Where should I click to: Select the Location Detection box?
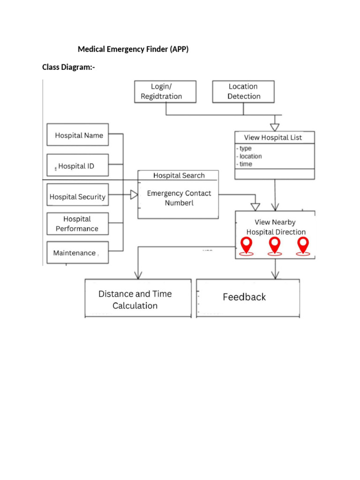pyautogui.click(x=243, y=91)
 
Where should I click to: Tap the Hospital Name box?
pyautogui.click(x=78, y=135)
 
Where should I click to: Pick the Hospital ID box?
pyautogui.click(x=78, y=165)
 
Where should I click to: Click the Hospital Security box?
pyautogui.click(x=78, y=197)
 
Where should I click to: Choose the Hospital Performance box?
pyautogui.click(x=78, y=224)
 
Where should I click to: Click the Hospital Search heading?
pyautogui.click(x=179, y=175)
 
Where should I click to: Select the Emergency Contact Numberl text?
pyautogui.click(x=179, y=198)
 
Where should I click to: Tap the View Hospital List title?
pyautogui.click(x=273, y=137)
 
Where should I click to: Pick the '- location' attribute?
pyautogui.click(x=249, y=156)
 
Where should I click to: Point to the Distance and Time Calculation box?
pyautogui.click(x=138, y=300)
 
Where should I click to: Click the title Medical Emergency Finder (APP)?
pyautogui.click(x=133, y=49)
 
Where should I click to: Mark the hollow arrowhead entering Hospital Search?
pyautogui.click(x=134, y=194)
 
